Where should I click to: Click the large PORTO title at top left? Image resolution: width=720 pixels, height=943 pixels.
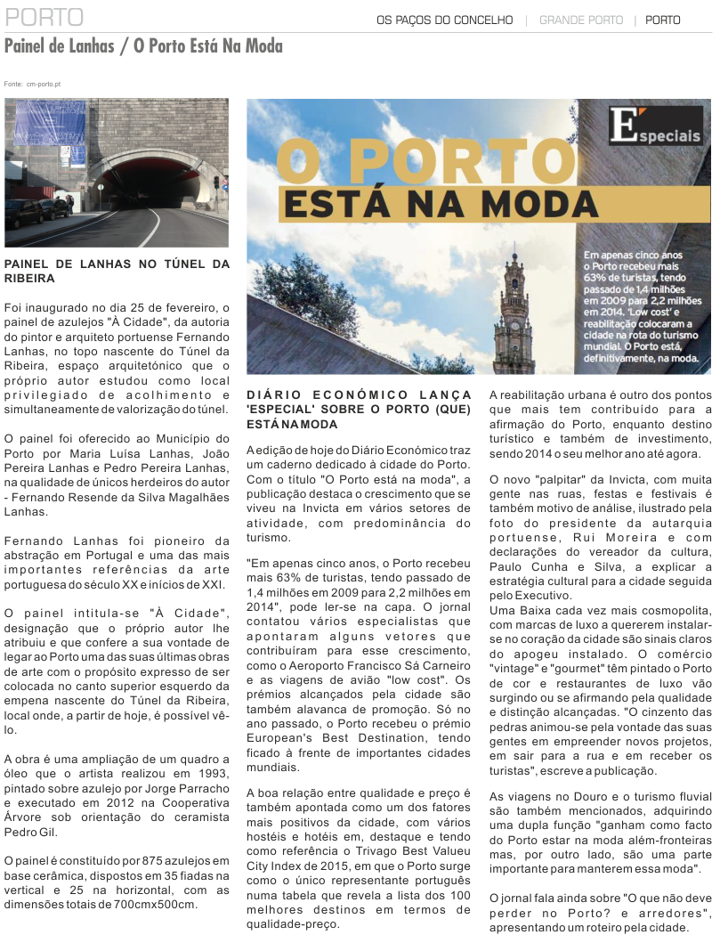point(44,18)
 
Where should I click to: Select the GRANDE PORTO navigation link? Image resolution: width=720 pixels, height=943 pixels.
point(581,20)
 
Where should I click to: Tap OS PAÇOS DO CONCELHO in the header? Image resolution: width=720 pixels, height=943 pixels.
point(444,20)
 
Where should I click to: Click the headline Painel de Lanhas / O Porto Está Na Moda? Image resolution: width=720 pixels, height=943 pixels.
point(143,46)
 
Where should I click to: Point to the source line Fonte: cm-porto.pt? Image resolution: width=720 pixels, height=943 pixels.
point(32,84)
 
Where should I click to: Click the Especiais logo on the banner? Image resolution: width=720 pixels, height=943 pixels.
point(655,126)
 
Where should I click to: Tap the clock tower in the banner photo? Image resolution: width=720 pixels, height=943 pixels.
point(514,312)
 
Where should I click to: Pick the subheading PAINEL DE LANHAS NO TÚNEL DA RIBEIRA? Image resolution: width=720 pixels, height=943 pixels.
point(117,271)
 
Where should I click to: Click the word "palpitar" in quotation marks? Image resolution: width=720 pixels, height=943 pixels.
point(554,480)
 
